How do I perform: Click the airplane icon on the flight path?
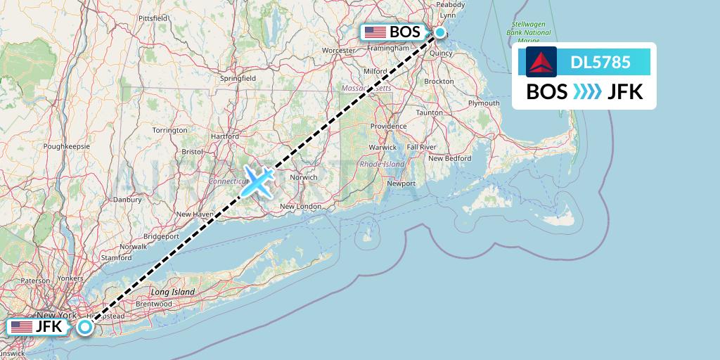point(257,181)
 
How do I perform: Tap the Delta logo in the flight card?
point(541,63)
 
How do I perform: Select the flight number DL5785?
point(600,63)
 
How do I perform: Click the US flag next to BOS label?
point(375,32)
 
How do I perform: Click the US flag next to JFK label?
point(22,327)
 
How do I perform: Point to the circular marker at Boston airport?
point(439,32)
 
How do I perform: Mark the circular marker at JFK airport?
point(85,327)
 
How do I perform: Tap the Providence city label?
point(388,127)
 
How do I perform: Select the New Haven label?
point(195,214)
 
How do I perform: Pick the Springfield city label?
point(238,79)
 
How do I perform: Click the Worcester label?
point(339,51)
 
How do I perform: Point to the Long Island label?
point(172,291)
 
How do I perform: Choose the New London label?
point(300,207)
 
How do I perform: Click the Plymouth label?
point(484,103)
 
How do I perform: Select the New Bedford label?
point(449,158)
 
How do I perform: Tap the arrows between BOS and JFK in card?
point(587,92)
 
